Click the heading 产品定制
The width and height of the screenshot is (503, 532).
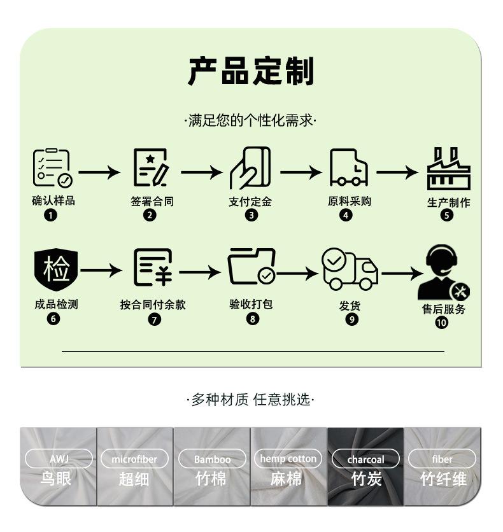[x=251, y=71]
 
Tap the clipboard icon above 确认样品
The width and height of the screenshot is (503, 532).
[x=53, y=168]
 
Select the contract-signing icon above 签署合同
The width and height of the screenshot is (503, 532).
[x=152, y=167]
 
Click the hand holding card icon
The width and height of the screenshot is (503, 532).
[x=250, y=168]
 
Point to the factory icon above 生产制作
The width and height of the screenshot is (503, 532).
[x=449, y=168]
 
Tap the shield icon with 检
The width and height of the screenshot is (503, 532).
[x=56, y=269]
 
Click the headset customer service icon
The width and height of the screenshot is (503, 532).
[x=443, y=272]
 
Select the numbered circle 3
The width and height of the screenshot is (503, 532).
[x=251, y=215]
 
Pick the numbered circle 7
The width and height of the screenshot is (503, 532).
[x=155, y=319]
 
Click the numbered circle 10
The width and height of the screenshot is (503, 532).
[x=441, y=323]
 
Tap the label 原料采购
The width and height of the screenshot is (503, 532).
[x=350, y=201]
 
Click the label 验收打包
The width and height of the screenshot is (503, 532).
[x=251, y=304]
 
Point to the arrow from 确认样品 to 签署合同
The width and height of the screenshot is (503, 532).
[x=99, y=172]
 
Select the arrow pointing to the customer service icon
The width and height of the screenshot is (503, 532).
[x=402, y=274]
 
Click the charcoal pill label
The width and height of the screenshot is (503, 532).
[x=365, y=459]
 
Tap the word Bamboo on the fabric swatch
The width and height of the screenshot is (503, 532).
[x=212, y=459]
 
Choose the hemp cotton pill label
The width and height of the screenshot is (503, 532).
[x=288, y=458]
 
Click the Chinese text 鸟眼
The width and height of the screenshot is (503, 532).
[x=56, y=479]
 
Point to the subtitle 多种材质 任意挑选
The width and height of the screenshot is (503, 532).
[x=251, y=400]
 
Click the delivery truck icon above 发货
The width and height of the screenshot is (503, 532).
[x=350, y=269]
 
